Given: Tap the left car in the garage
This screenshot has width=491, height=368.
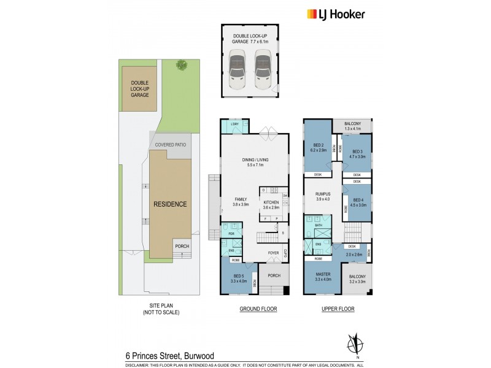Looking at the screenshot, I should coord(237,69).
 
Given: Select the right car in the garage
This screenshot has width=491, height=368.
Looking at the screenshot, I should coord(262,69).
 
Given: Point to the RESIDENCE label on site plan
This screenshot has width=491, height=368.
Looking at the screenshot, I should coord(169,204).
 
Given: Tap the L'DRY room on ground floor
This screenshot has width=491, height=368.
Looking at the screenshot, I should coord(235,125).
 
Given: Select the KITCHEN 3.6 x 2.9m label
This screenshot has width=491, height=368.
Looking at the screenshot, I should coord(271,204).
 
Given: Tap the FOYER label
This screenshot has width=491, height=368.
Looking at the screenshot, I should coord(273,253).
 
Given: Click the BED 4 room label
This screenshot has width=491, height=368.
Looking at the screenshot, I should coord(357,203).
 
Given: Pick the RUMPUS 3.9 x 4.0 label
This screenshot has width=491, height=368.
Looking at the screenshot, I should coord(323,196).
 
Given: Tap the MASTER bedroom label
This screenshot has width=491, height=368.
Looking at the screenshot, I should coord(322,277).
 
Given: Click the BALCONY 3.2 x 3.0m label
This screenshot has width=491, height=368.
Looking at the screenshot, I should coord(357,279).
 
